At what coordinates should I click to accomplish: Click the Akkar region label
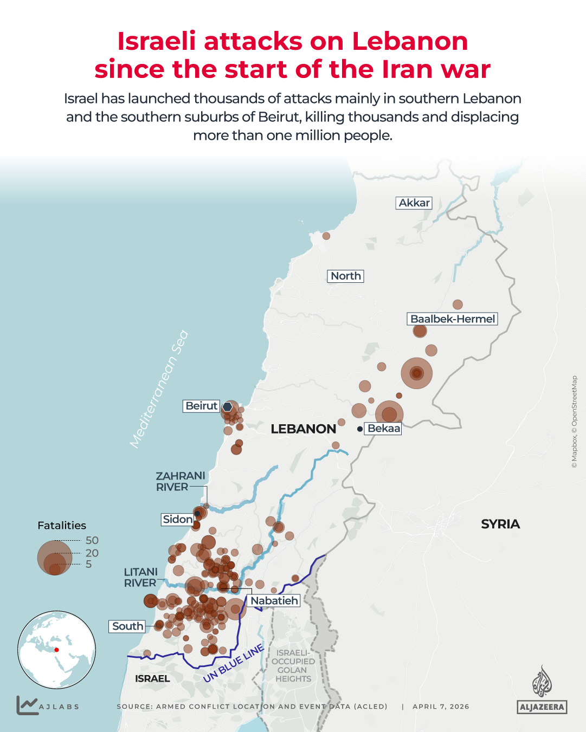414,203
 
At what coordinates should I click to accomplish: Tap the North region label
345,276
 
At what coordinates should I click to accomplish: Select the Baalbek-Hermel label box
452,319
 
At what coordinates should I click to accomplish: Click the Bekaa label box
383,429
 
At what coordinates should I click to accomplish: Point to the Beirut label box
201,406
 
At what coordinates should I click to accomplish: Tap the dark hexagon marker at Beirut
228,406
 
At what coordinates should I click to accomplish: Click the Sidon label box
177,519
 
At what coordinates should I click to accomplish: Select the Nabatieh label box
274,600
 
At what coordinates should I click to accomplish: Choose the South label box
127,626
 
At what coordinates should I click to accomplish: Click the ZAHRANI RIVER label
180,481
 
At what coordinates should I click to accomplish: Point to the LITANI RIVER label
140,577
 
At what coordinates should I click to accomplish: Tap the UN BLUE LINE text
234,664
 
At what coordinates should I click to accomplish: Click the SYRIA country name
500,524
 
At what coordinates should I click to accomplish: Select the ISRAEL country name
152,678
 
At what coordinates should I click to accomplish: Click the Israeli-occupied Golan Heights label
293,666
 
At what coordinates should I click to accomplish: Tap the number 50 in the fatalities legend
92,540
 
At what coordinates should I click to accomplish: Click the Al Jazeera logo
542,690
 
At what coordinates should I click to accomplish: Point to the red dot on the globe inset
56,650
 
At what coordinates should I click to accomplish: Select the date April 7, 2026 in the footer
441,707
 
